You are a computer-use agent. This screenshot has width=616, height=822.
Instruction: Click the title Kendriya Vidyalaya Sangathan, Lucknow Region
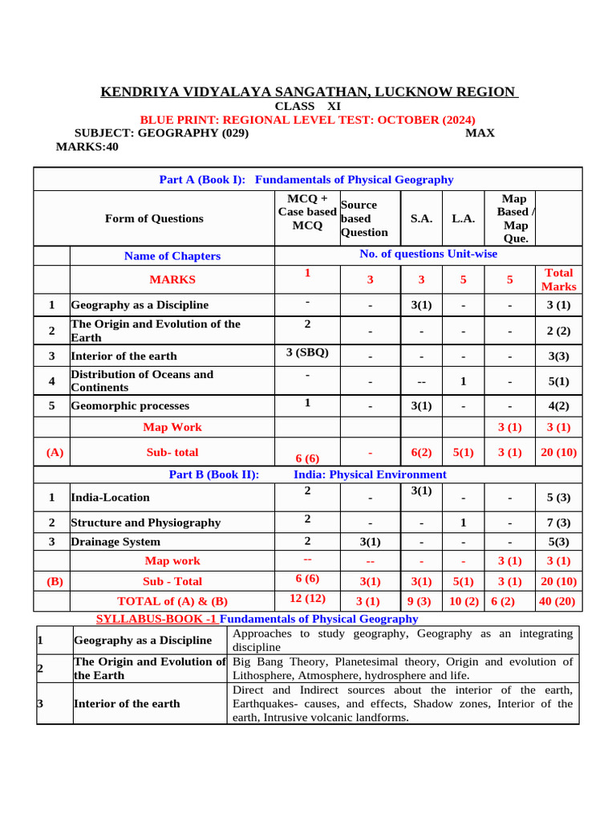tap(309, 92)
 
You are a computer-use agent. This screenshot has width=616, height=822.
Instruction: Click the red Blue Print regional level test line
tap(307, 120)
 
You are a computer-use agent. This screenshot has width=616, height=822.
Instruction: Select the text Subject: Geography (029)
tap(161, 133)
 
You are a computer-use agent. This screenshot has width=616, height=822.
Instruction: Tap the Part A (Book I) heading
tap(306, 180)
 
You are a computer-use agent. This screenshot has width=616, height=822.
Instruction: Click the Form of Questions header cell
tap(154, 218)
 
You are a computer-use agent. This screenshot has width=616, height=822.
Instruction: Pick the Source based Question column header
tap(365, 218)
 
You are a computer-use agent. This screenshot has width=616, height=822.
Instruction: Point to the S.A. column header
tap(421, 218)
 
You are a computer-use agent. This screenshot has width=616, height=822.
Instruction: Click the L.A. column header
tap(463, 218)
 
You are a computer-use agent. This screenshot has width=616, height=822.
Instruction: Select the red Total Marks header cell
tap(558, 279)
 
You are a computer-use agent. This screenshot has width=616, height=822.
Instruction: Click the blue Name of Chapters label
tap(172, 256)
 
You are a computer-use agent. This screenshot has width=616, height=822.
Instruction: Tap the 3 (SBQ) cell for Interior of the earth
tap(307, 352)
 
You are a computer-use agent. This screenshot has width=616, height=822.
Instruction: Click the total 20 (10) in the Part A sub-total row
tap(558, 453)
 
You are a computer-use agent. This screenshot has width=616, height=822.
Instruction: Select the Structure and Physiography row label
tap(145, 523)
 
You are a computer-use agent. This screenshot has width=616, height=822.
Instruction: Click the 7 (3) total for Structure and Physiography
tap(558, 523)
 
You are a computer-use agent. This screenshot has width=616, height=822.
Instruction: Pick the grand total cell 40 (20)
tap(558, 601)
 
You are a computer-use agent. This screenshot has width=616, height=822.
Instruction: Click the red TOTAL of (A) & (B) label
tap(172, 601)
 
